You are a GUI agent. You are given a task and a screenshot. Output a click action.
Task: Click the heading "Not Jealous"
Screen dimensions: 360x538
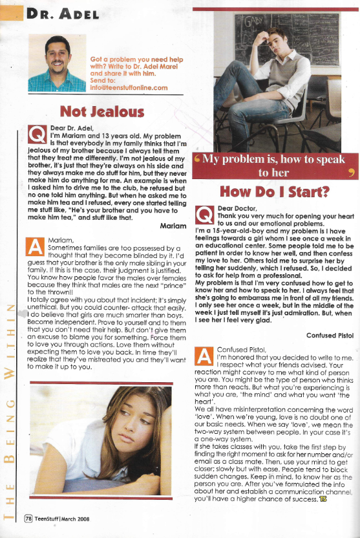click(101, 113)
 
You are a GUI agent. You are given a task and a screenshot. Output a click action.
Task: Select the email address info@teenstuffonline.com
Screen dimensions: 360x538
click(129, 88)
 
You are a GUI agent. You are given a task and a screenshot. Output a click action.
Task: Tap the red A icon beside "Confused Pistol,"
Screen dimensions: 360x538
click(205, 355)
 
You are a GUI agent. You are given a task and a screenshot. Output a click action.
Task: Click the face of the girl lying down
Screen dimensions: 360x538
click(140, 427)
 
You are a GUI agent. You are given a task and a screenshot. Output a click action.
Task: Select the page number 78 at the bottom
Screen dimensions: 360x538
click(28, 517)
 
